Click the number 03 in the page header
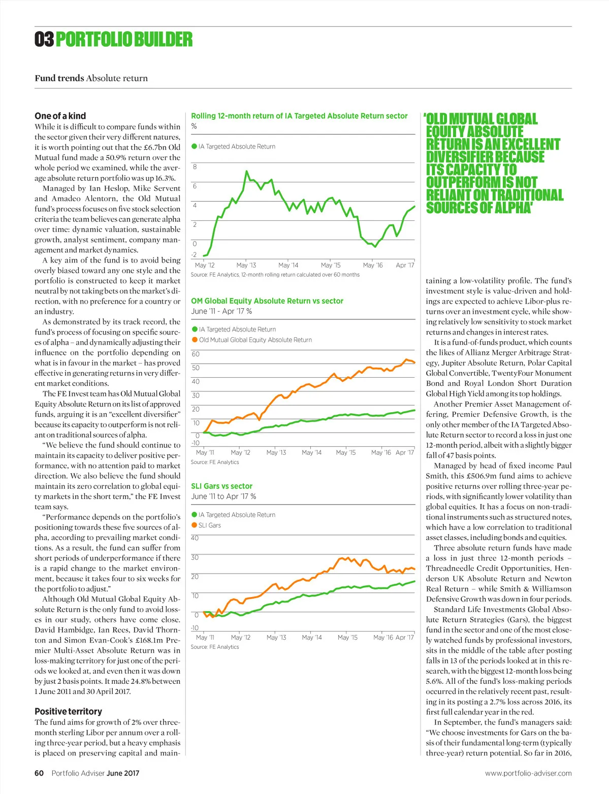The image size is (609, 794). coord(44,39)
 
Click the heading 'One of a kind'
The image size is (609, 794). coord(60,116)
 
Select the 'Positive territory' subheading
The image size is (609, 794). coord(68,711)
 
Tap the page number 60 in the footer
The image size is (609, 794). coord(39,773)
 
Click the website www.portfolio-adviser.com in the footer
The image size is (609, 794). coord(528,773)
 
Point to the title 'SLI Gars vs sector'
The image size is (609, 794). coord(221,486)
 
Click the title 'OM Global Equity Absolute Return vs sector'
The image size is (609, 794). coord(267,301)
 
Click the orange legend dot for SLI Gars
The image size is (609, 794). coord(194,525)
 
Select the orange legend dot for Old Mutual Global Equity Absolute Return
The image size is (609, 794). coord(195,340)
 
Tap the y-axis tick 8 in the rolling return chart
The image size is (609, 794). coord(195,167)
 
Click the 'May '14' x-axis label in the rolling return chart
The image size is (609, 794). coord(288,265)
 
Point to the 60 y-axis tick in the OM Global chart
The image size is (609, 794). coord(196,354)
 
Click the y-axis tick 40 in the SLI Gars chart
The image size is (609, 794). coord(195,538)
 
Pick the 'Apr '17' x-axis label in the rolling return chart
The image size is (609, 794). coord(405,265)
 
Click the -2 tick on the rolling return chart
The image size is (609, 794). coord(194,255)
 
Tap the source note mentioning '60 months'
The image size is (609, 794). coord(275,275)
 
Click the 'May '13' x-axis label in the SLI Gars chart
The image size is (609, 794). coord(276,637)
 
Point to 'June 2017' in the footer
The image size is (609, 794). coord(123,773)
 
